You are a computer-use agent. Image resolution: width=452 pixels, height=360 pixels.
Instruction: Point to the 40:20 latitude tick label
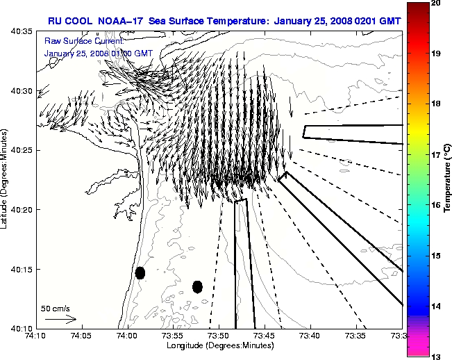click(22, 210)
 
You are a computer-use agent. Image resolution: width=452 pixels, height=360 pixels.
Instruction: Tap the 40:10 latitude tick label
click(22, 329)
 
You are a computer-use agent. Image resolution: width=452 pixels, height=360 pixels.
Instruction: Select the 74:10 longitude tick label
click(35, 336)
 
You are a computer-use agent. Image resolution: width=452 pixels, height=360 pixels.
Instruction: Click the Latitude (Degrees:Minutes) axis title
click(6, 179)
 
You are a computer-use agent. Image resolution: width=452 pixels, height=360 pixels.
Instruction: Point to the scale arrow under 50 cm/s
click(60, 319)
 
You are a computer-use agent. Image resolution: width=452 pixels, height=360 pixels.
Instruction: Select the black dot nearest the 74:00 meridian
click(140, 272)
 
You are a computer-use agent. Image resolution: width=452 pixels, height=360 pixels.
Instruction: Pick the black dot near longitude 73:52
click(197, 286)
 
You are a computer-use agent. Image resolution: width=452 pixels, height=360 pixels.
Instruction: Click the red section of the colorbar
click(417, 28)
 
